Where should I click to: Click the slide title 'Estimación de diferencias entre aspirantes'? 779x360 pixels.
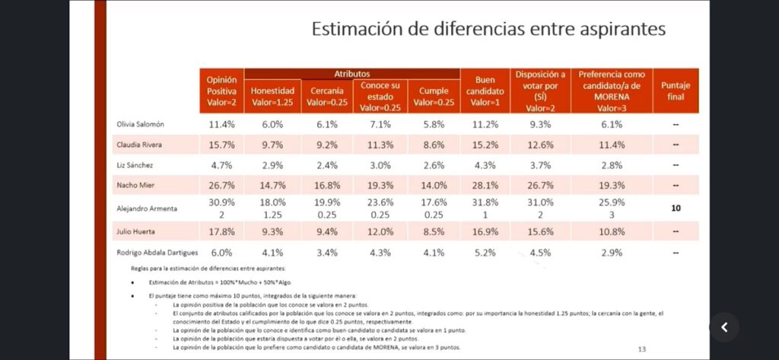pyautogui.click(x=488, y=29)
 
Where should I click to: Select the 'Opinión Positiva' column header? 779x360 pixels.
pyautogui.click(x=222, y=91)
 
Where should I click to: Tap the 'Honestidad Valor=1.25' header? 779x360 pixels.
pyautogui.click(x=272, y=96)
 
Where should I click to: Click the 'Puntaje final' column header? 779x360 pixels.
pyautogui.click(x=676, y=91)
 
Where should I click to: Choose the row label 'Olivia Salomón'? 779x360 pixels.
pyautogui.click(x=141, y=124)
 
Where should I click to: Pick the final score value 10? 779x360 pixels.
pyautogui.click(x=676, y=208)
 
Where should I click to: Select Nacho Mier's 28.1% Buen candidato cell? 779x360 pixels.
pyautogui.click(x=485, y=185)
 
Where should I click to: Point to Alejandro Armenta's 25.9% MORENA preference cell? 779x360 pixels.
pyautogui.click(x=612, y=202)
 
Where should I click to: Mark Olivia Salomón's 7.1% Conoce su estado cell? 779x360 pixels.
pyautogui.click(x=380, y=124)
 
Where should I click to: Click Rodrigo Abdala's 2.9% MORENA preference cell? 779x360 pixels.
pyautogui.click(x=612, y=252)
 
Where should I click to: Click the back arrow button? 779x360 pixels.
pyautogui.click(x=724, y=327)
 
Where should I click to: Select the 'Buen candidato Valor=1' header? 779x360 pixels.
pyautogui.click(x=485, y=91)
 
